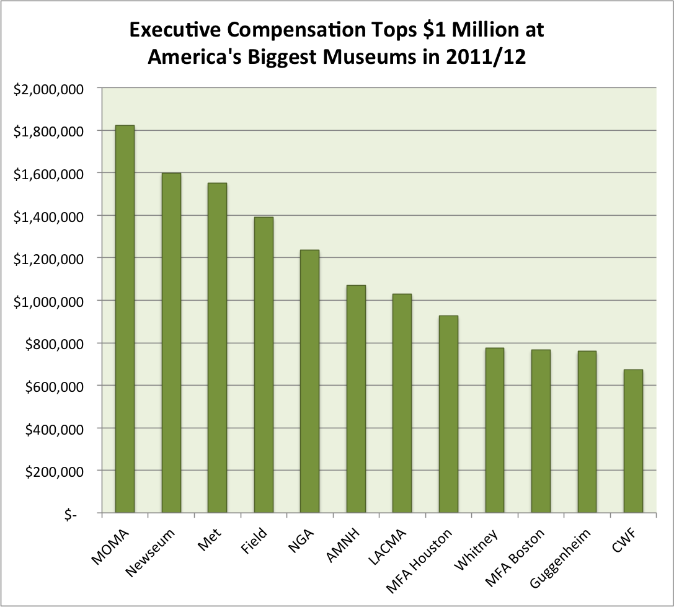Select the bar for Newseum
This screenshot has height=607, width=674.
171,343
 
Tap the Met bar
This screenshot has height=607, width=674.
217,348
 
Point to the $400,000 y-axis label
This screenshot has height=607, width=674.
53,429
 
